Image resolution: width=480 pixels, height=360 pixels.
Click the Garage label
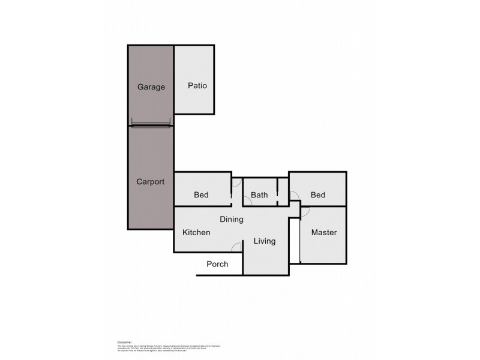(151, 87)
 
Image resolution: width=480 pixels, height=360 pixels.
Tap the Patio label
(197, 86)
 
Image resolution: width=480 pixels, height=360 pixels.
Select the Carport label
(151, 181)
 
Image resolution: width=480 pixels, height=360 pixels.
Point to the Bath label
(259, 195)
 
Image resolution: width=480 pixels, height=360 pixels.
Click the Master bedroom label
(323, 232)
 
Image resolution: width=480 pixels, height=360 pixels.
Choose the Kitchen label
(196, 232)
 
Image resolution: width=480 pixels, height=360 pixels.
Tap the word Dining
(231, 220)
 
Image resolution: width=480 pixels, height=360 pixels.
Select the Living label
(264, 241)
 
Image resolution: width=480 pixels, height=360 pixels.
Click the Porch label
(217, 264)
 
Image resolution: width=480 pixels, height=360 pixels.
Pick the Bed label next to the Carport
(201, 195)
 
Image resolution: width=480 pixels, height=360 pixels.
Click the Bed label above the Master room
(318, 195)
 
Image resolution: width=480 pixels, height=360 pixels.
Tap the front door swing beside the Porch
(237, 247)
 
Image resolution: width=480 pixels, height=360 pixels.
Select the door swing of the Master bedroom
(305, 212)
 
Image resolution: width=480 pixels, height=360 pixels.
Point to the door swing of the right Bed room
(294, 195)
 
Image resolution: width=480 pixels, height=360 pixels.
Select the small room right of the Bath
(283, 192)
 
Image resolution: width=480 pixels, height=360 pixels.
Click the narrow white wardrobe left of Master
(294, 240)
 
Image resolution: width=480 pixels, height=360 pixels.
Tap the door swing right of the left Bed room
(236, 183)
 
